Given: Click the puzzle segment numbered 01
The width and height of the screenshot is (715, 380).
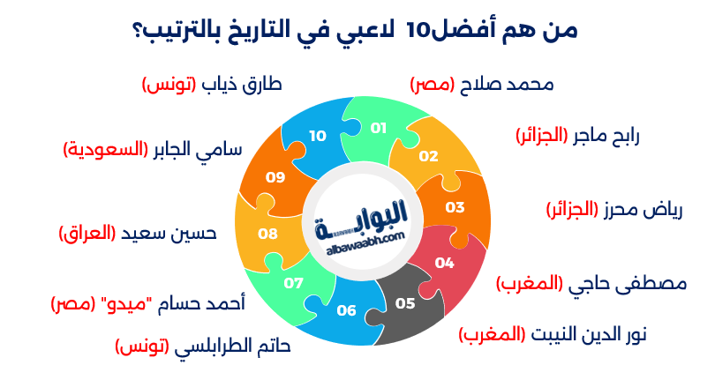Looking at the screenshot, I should (379, 129).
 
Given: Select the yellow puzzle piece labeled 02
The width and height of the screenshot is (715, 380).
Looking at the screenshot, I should (429, 156).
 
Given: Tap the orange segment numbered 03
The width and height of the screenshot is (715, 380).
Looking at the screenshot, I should (455, 208).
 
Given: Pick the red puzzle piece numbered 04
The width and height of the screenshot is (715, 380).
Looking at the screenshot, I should (444, 263).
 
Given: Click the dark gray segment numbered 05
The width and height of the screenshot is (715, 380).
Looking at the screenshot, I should (405, 304).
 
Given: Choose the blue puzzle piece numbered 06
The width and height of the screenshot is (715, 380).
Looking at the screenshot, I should (346, 310).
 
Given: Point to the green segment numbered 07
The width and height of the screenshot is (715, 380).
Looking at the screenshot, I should (294, 283).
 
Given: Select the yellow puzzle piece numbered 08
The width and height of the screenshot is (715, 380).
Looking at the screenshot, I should (267, 234).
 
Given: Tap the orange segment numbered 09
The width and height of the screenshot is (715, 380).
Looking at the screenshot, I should (275, 177).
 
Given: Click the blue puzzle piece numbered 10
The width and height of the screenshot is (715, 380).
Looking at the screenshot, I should (317, 136).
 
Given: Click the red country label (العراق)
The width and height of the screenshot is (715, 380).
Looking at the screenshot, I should (88, 234).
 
